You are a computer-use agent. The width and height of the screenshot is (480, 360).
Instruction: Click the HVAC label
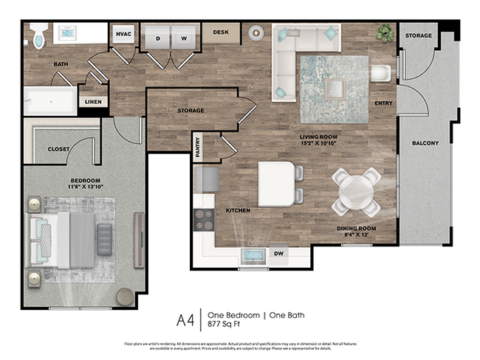123,33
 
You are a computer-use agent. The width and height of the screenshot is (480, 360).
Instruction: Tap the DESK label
221,32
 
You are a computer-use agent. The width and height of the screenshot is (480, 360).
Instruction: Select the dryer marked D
157,37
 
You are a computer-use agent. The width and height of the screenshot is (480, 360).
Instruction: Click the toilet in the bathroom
39,35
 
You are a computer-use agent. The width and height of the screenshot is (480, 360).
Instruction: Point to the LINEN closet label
93,102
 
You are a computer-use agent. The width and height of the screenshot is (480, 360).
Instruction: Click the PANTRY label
197,145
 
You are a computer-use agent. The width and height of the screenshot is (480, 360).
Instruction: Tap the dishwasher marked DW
278,255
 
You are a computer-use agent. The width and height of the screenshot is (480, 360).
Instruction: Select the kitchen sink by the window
253,255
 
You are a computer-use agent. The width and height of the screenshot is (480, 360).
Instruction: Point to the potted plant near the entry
384,32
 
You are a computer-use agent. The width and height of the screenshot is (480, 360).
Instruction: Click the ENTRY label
383,103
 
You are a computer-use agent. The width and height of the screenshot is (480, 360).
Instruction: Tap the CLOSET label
58,149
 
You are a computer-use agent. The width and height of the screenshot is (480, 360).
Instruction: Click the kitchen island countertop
275,183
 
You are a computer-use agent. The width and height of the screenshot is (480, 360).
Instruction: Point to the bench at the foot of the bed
104,239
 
